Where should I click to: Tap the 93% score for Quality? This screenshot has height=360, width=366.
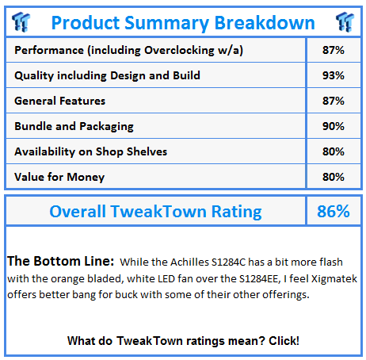pyautogui.click(x=334, y=76)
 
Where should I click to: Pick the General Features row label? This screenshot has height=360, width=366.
pyautogui.click(x=60, y=101)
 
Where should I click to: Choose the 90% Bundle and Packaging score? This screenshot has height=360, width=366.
pyautogui.click(x=334, y=126)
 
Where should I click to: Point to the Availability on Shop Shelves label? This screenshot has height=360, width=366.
pyautogui.click(x=91, y=151)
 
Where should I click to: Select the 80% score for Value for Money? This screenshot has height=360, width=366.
pyautogui.click(x=334, y=176)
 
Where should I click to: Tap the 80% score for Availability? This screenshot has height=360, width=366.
pyautogui.click(x=334, y=151)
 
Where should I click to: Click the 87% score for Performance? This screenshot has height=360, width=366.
pyautogui.click(x=334, y=51)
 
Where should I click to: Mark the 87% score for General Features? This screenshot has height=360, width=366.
pyautogui.click(x=334, y=101)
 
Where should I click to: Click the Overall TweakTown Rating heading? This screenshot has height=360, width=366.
pyautogui.click(x=155, y=211)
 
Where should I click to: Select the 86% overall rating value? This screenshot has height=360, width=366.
pyautogui.click(x=334, y=211)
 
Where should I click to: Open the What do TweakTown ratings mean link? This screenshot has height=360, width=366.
pyautogui.click(x=183, y=340)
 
